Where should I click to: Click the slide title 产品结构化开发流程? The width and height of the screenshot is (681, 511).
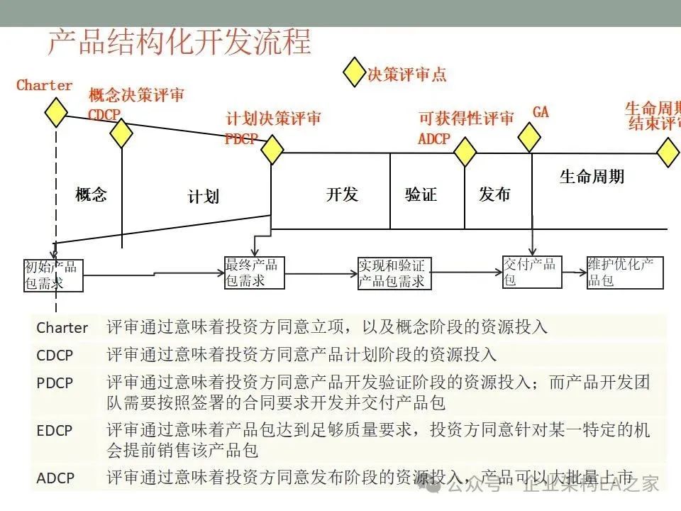pos(179,43)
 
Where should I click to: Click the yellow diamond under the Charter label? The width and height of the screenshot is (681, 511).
pos(55,112)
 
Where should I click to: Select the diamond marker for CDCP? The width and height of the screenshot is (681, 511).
pos(121,133)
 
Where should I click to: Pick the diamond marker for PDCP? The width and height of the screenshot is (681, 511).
pos(272,150)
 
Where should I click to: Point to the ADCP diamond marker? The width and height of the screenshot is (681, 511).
pos(465,151)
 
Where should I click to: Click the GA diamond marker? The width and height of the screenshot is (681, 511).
pos(529,137)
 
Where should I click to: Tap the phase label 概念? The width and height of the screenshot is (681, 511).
pos(91,194)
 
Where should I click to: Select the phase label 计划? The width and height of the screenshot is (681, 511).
pos(203,197)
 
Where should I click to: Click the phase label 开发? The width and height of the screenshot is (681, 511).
pos(342,194)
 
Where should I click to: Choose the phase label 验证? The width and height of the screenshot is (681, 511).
pos(421,194)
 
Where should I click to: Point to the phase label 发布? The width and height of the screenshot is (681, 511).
pos(494,194)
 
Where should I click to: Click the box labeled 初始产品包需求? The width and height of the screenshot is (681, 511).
pos(53,275)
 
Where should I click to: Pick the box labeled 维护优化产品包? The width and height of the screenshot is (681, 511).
pos(625,272)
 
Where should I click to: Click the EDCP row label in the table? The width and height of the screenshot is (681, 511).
pos(55,429)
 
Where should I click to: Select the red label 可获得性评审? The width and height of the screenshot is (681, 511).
pos(466,119)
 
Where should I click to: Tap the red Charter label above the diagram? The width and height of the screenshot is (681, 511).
pos(44,85)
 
